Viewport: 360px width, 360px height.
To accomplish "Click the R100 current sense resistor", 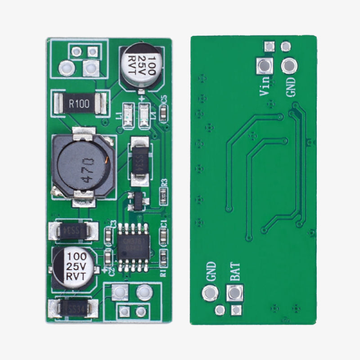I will [79, 104].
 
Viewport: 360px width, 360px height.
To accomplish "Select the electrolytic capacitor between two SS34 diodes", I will [75, 267].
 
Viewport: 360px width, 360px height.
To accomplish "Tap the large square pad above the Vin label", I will [264, 66].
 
